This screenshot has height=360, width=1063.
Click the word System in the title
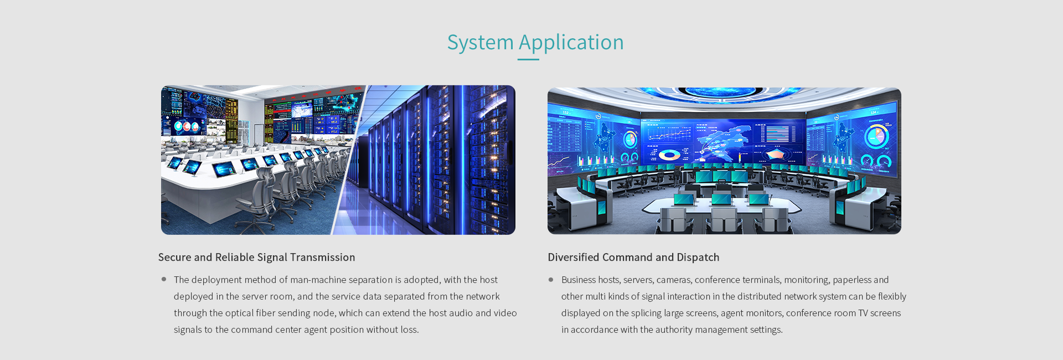tap(480, 43)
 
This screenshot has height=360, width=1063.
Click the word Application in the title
tap(571, 43)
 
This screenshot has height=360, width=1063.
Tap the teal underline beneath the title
tap(528, 59)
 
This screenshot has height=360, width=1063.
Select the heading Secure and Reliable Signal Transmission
tap(256, 258)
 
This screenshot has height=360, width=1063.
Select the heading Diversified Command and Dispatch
tap(633, 258)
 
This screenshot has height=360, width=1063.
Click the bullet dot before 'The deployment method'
tap(164, 279)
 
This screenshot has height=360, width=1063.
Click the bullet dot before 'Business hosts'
tap(551, 280)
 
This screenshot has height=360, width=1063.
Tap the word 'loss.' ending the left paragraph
tap(410, 330)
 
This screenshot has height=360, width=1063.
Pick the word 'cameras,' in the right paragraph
tap(674, 280)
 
